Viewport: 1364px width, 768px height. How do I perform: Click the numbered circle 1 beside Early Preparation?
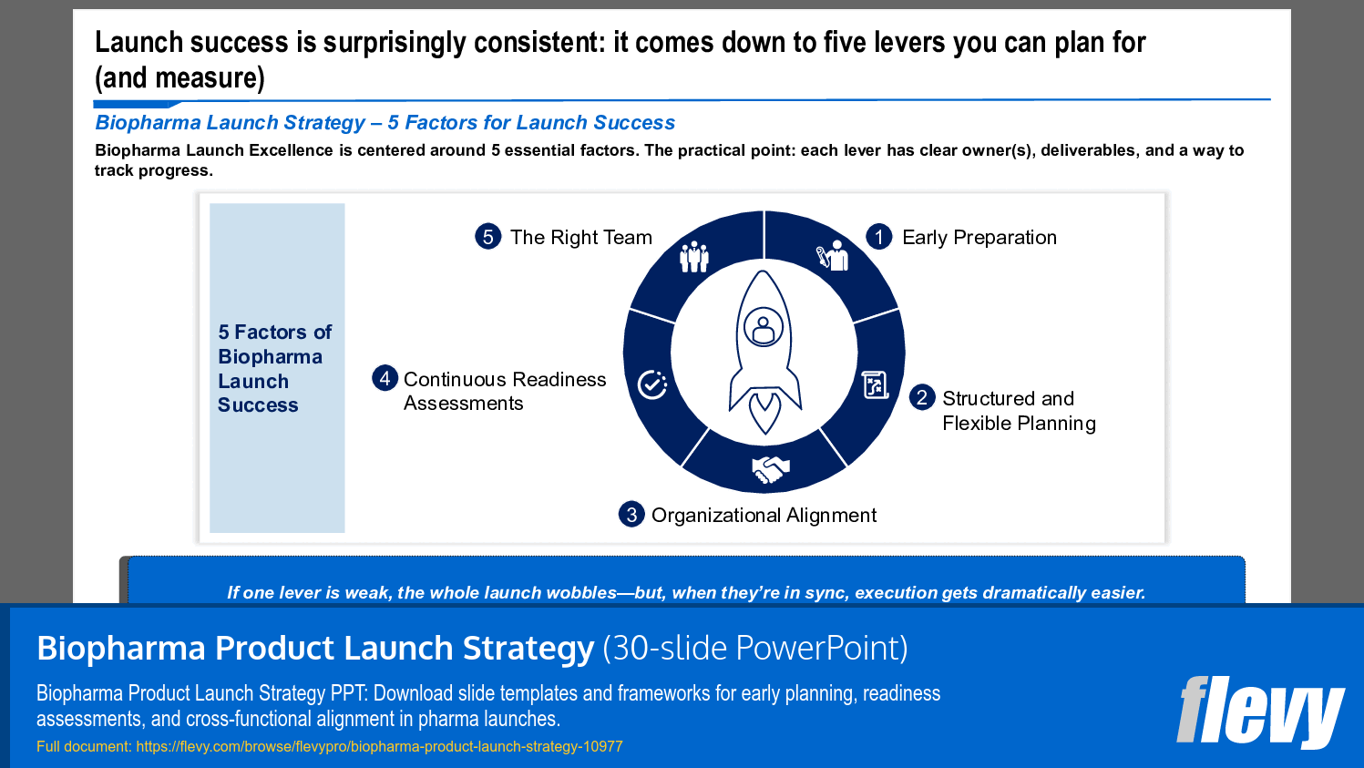click(x=878, y=237)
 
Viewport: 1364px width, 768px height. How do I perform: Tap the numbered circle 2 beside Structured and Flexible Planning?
click(x=922, y=397)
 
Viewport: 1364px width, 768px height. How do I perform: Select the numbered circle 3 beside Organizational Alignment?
click(x=631, y=514)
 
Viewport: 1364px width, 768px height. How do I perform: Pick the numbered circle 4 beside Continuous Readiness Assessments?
click(x=385, y=378)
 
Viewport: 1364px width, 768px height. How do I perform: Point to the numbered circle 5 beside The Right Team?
click(x=488, y=237)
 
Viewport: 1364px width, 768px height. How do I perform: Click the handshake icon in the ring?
click(x=769, y=469)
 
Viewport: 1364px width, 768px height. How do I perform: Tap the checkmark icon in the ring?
click(x=652, y=384)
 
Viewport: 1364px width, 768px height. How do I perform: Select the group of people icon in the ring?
click(x=694, y=257)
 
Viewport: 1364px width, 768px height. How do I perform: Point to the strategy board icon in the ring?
click(x=876, y=385)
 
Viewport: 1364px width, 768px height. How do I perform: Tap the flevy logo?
click(x=1259, y=712)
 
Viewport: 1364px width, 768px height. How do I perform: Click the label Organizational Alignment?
click(x=764, y=516)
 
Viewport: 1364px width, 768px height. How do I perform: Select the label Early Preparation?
click(x=979, y=238)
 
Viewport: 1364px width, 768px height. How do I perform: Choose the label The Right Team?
click(x=580, y=238)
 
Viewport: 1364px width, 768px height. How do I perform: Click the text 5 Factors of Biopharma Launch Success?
click(x=274, y=368)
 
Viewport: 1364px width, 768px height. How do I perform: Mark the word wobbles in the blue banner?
click(x=580, y=593)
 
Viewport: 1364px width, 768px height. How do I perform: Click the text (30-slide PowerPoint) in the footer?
click(x=755, y=648)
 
